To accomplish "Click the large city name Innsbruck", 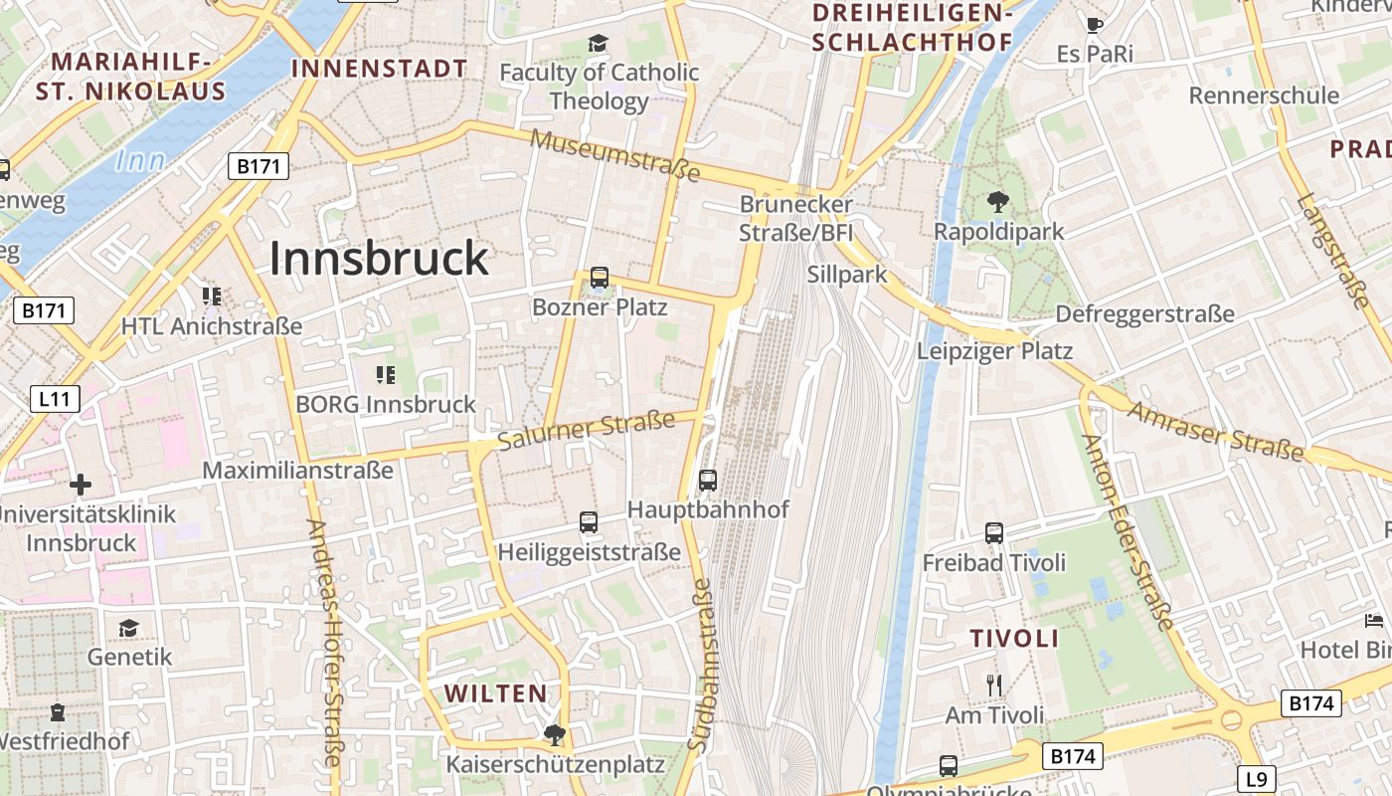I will [379, 259].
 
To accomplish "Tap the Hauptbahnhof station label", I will [707, 509].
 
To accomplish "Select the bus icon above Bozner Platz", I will [599, 278].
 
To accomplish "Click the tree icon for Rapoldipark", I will [998, 202].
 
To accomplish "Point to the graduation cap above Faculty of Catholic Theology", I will [598, 43].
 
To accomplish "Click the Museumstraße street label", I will [614, 154].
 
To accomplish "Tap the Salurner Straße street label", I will [587, 432].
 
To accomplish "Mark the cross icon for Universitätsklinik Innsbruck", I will [81, 485].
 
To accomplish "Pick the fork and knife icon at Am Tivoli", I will [993, 685].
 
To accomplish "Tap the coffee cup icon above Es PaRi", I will [1095, 25].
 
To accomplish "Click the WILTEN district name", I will [495, 694].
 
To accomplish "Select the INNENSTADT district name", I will [379, 69].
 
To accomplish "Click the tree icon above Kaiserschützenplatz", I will [555, 735].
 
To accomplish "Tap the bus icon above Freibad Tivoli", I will [993, 533].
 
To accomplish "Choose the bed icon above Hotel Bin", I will [1374, 621].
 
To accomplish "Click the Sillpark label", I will [847, 275].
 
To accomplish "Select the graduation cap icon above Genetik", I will [128, 628].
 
